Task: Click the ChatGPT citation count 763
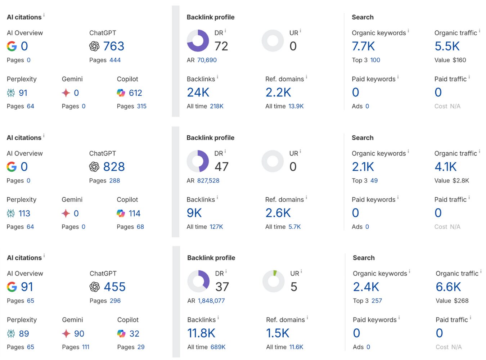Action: coord(113,46)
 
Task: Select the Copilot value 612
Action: coord(135,93)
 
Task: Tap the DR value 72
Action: coord(221,46)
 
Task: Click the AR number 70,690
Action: coord(207,60)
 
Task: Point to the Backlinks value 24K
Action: coord(198,93)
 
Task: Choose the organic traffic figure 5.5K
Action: coord(447,46)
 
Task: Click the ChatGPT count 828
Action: coord(114,167)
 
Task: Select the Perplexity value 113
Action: coord(24,213)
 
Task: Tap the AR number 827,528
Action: coord(208,181)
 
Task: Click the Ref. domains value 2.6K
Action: coord(278,213)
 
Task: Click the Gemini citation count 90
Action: coord(79,334)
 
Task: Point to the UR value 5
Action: coord(294,287)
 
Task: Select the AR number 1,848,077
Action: coord(211,301)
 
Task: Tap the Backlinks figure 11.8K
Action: coord(201,333)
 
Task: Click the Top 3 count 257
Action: coord(377,301)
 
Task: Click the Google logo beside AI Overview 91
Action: coord(12,287)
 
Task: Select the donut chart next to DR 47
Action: coord(198,161)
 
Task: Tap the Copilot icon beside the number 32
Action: coord(121,334)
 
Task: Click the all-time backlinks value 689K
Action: coord(218,347)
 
